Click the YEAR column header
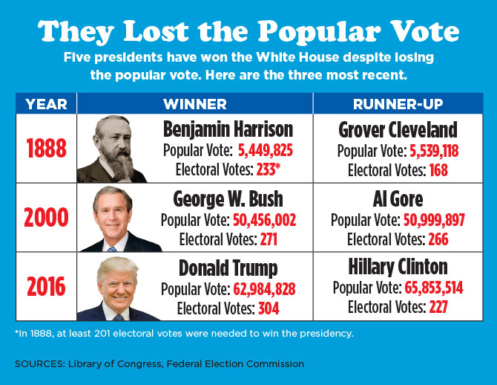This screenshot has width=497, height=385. (x=46, y=103)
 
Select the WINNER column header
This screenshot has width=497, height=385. (x=195, y=103)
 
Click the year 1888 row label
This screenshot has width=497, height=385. (x=46, y=149)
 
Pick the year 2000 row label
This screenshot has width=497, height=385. (x=46, y=219)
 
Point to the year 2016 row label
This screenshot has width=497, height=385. (x=46, y=287)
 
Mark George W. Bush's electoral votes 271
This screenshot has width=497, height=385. (x=269, y=239)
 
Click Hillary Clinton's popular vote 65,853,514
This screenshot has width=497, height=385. (x=433, y=288)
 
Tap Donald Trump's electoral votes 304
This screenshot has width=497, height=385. (x=269, y=307)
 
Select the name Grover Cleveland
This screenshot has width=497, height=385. (x=398, y=130)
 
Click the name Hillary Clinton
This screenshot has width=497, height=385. (x=398, y=267)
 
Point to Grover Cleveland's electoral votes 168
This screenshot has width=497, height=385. (x=438, y=169)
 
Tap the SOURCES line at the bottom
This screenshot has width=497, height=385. (x=159, y=363)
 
